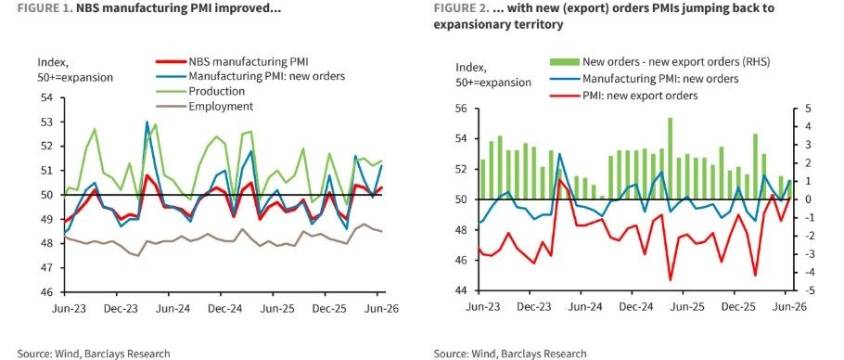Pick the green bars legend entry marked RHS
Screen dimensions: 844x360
tap(662, 62)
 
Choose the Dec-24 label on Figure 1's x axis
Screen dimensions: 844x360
tap(220, 308)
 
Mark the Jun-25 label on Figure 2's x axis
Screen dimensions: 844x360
tap(685, 307)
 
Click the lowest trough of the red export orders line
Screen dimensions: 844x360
tap(671, 280)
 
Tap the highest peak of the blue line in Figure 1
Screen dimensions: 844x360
tap(147, 122)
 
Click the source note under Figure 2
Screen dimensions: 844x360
tap(510, 354)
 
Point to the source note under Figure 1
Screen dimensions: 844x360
tap(93, 354)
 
